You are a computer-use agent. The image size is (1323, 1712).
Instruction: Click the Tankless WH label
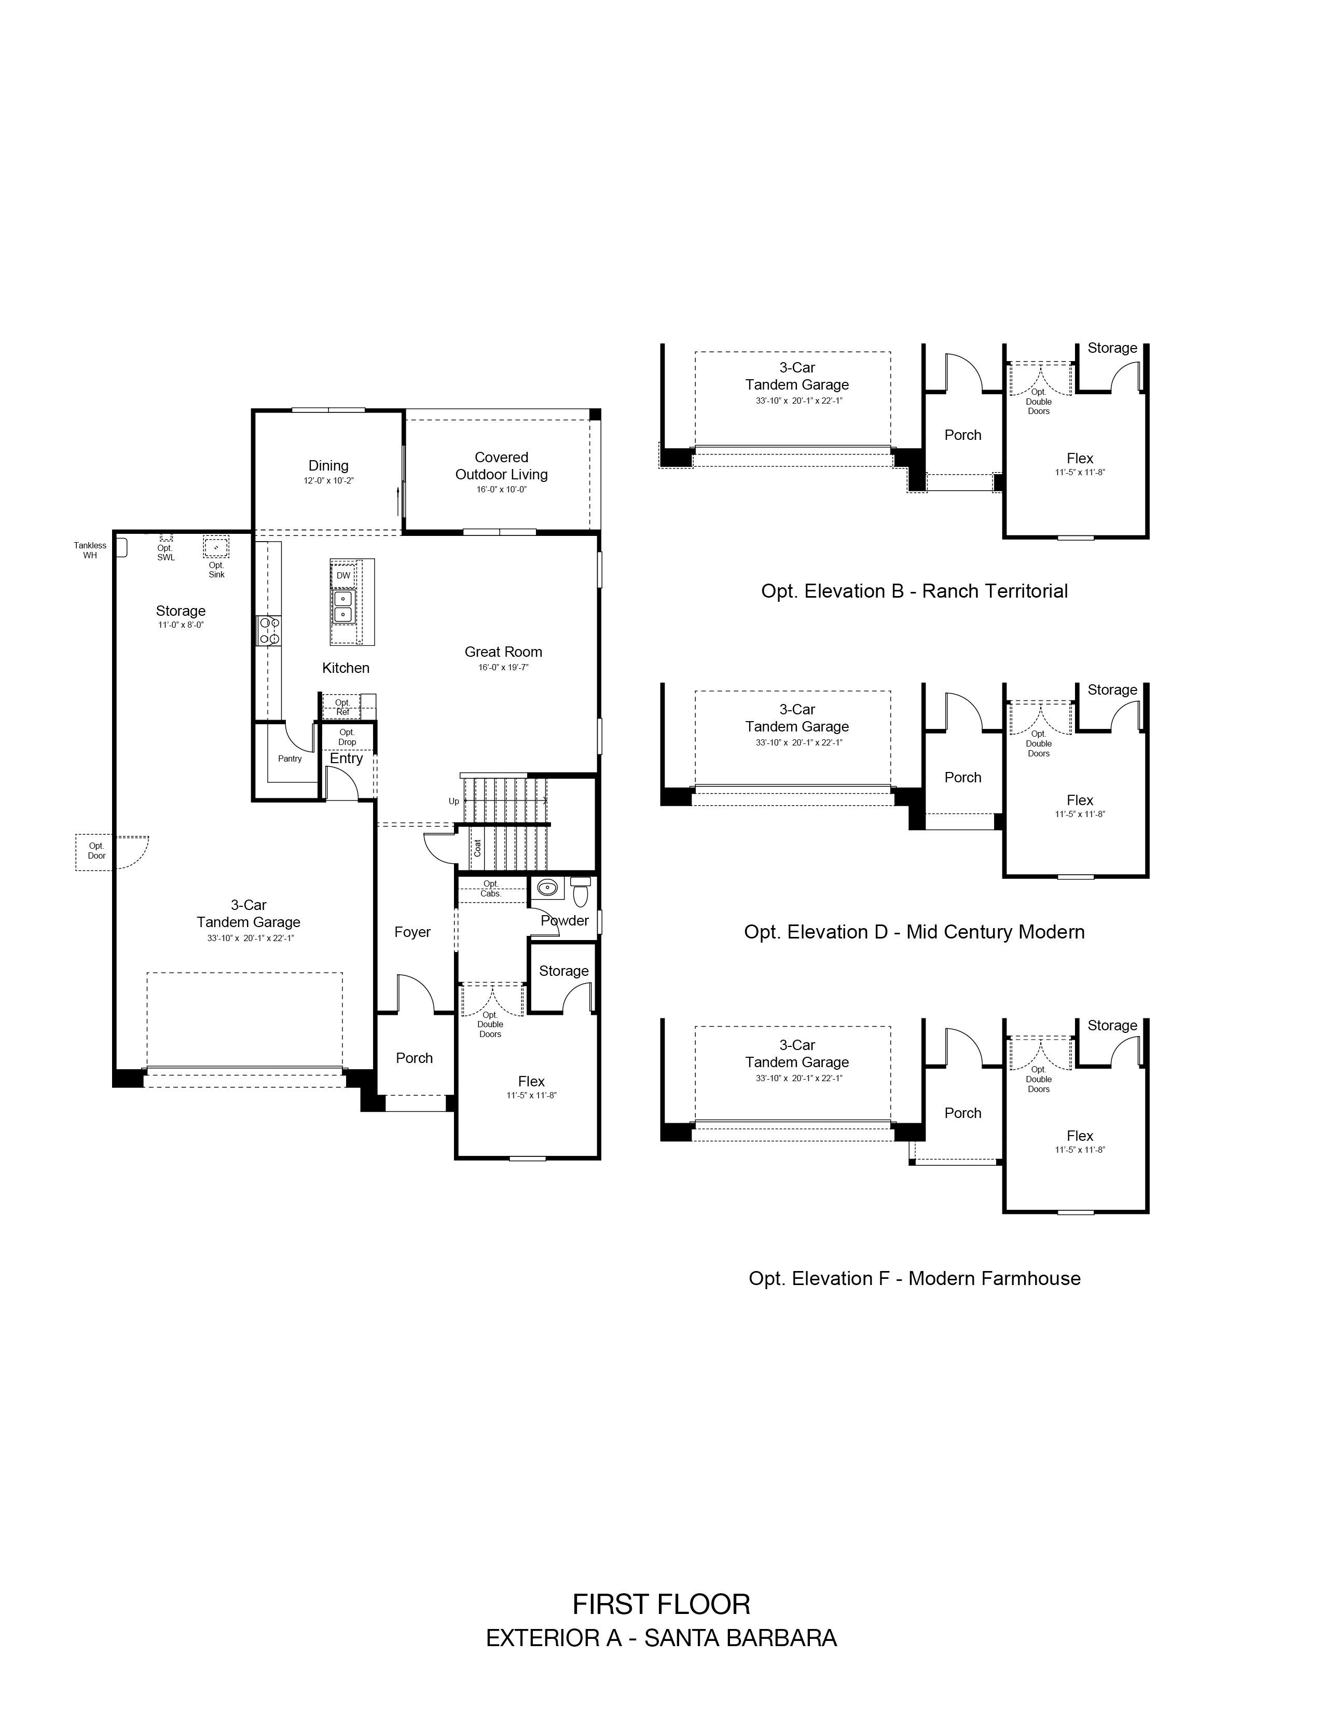pos(90,550)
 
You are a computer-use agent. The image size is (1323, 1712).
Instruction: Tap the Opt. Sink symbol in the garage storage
pos(216,546)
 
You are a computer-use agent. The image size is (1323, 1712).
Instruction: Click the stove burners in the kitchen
pos(269,631)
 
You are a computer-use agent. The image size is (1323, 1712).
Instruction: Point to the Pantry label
pos(290,759)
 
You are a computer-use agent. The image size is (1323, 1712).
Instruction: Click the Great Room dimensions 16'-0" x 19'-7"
pos(504,668)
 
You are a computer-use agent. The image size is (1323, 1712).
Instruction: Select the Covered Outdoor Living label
pos(502,466)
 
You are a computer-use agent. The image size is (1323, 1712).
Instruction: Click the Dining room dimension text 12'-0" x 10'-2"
pos(328,480)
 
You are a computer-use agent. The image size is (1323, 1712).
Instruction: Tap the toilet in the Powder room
pos(581,891)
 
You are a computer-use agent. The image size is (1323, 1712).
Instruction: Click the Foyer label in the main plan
pos(412,932)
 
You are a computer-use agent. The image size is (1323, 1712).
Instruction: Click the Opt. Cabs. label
pos(491,889)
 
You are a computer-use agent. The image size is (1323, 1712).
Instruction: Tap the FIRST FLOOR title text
pos(661,1605)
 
